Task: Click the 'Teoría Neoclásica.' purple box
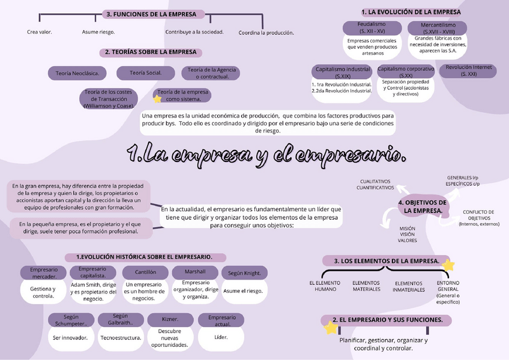[x=77, y=73]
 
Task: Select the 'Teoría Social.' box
[x=146, y=73]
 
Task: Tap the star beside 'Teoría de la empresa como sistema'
[x=157, y=99]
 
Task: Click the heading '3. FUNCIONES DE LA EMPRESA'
[x=154, y=14]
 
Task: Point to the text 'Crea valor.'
[x=39, y=32]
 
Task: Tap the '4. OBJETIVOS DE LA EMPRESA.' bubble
[x=424, y=207]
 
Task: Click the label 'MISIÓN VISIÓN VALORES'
[x=407, y=235]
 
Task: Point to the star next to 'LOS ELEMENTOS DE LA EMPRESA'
[x=448, y=265]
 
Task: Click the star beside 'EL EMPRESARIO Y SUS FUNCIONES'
[x=331, y=328]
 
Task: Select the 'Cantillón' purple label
[x=145, y=272]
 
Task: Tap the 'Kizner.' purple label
[x=170, y=319]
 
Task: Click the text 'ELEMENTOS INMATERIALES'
[x=408, y=287]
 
